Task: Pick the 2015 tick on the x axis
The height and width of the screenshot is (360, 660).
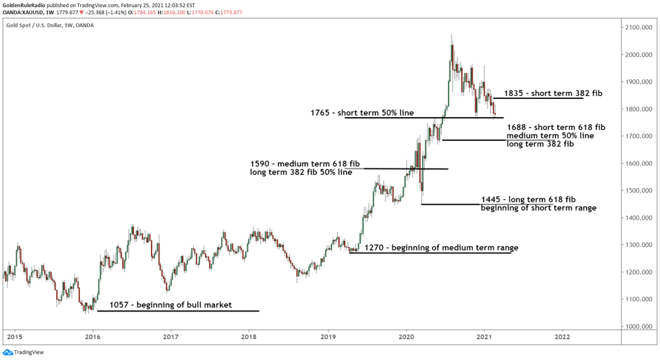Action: [x=13, y=338]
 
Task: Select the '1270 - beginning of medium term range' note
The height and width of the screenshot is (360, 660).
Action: [x=441, y=248]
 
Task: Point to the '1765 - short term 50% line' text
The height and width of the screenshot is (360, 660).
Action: [x=372, y=112]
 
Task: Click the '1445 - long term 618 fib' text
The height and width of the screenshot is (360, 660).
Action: [x=528, y=199]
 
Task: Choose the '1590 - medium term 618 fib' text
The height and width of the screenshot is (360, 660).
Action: [x=301, y=164]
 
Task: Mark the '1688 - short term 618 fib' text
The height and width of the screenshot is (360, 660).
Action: [x=555, y=127]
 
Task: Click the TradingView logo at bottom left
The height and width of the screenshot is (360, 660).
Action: [x=22, y=352]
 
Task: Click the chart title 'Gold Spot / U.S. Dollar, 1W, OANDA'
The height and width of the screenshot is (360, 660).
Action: [x=49, y=25]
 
